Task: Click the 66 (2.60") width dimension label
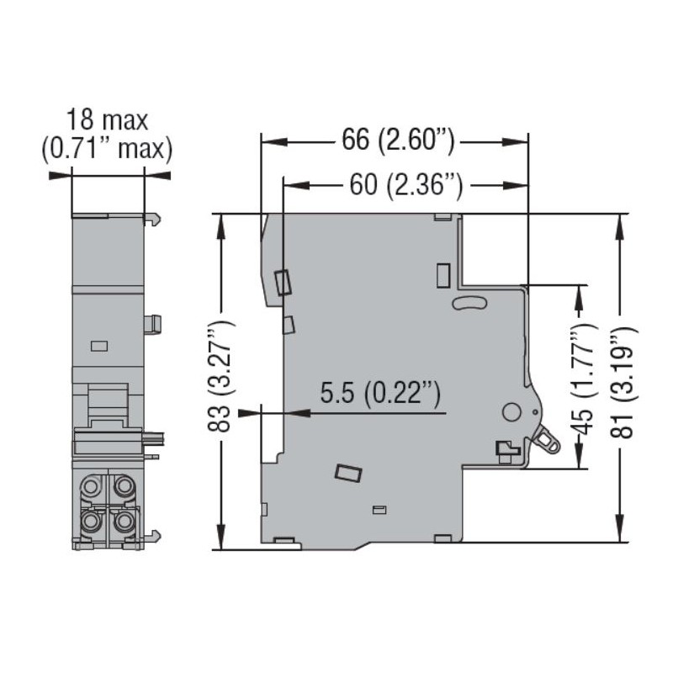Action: coord(398,140)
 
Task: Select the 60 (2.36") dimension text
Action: coord(406,185)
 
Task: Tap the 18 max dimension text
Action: coord(107,119)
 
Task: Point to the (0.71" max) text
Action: coord(107,149)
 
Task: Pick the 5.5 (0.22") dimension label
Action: coord(380,394)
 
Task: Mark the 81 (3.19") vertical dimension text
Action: coord(622,382)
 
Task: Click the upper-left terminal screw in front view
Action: coord(90,486)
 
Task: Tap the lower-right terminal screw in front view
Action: coord(124,521)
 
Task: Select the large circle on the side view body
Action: coord(511,411)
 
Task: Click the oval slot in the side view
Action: coord(470,303)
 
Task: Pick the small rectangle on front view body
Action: coord(99,346)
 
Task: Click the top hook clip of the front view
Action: coord(153,220)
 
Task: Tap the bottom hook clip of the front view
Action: coord(153,536)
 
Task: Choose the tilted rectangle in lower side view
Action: coord(348,473)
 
